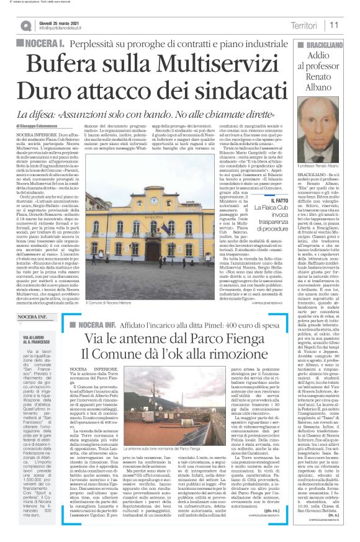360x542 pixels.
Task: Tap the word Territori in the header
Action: [x=304, y=25]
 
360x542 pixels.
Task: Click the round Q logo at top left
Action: [x=26, y=25]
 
